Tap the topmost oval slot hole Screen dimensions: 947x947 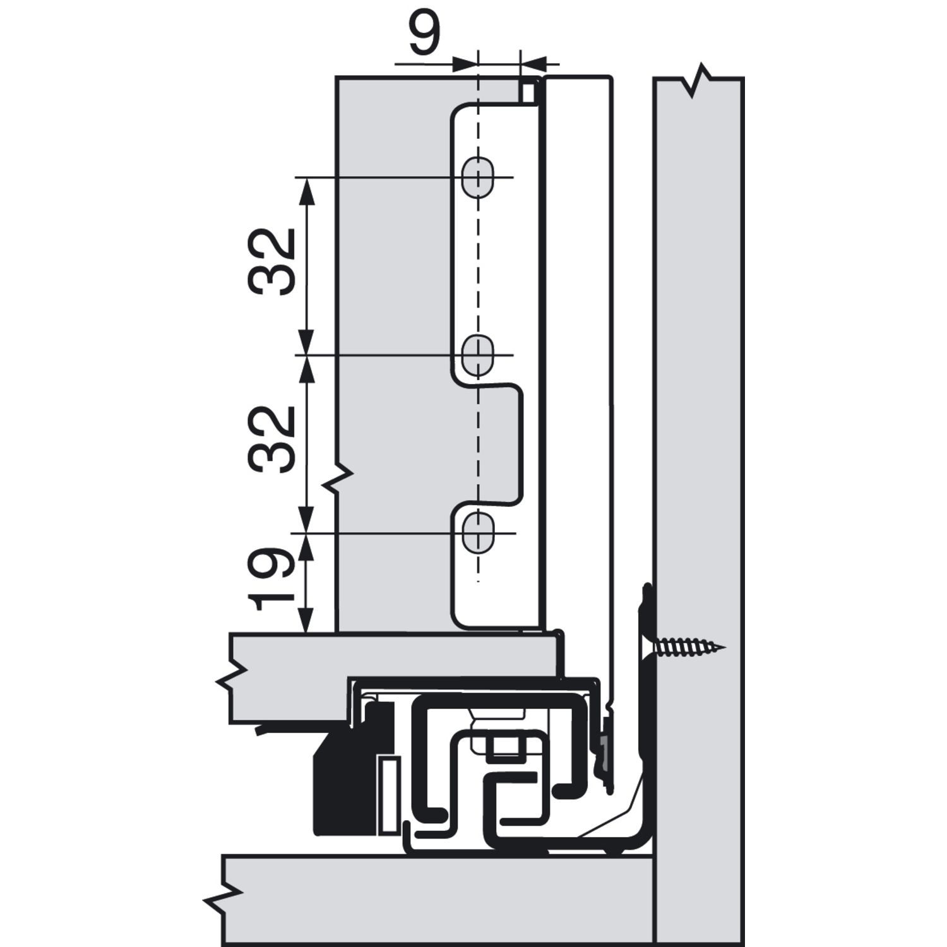click(478, 176)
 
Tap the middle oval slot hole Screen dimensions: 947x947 click(478, 354)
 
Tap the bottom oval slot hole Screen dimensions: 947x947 click(478, 533)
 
